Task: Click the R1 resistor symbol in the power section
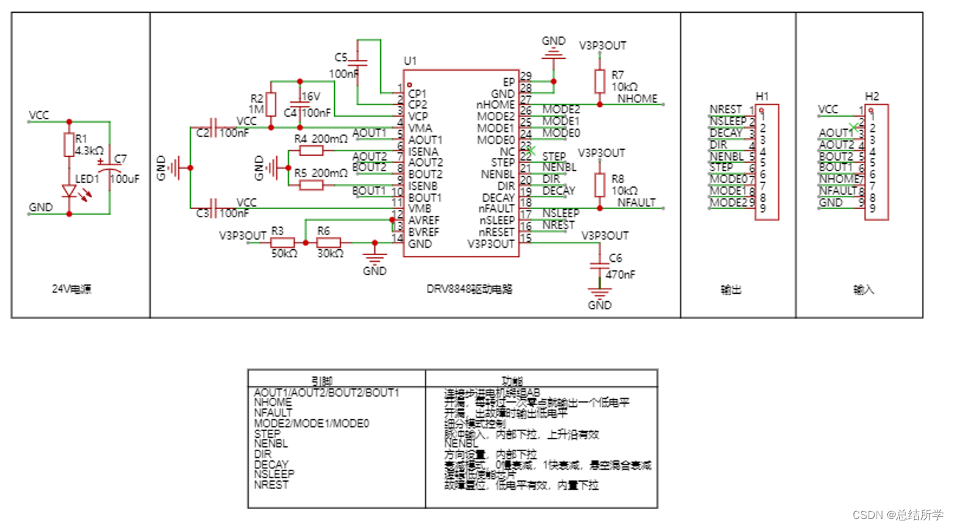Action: (x=69, y=144)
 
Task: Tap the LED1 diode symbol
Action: (x=69, y=191)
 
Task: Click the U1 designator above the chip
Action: (x=410, y=61)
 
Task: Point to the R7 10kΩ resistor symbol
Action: (x=599, y=82)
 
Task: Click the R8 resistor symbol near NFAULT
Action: (x=599, y=185)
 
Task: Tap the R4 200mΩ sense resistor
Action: (x=311, y=151)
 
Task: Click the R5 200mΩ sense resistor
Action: (x=311, y=185)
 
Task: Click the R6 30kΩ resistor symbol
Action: (x=328, y=243)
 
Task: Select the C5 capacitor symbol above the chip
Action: (x=358, y=63)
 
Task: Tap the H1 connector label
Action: (x=762, y=96)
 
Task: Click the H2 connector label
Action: (x=871, y=96)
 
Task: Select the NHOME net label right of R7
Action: (x=636, y=99)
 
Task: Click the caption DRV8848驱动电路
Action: (x=469, y=290)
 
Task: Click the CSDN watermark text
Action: (x=898, y=515)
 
